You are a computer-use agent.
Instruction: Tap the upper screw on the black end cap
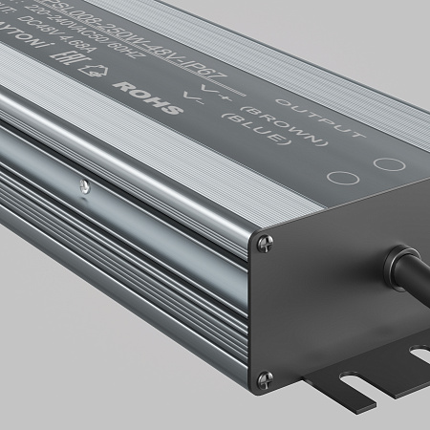(x=262, y=247)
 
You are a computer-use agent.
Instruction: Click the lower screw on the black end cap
(x=265, y=377)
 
